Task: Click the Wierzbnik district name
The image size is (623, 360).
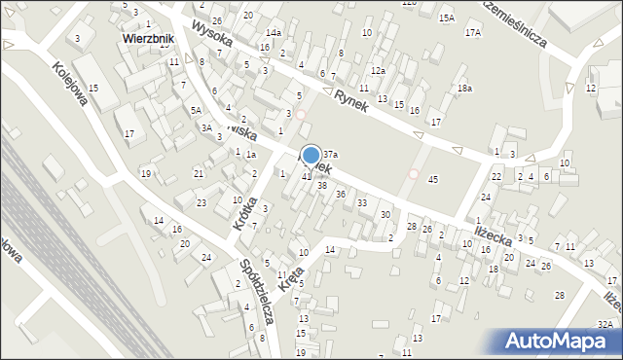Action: coord(148,40)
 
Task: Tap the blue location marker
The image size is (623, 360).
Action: coord(311,156)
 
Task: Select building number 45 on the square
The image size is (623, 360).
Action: coord(433,180)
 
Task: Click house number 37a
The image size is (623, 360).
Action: coord(331,155)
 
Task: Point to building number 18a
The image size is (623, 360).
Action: coord(465,89)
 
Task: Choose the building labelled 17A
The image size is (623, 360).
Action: coord(472,33)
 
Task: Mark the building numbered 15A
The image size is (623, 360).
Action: coord(446,18)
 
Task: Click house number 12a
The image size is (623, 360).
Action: coord(378,71)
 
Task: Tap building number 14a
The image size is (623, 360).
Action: coord(274,33)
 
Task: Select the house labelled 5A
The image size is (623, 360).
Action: coord(196,111)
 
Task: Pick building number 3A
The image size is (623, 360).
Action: coord(206,127)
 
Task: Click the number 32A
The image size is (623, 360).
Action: coord(605,324)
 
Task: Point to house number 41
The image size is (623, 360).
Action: coord(306,176)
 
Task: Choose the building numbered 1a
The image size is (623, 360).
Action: coord(250,155)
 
